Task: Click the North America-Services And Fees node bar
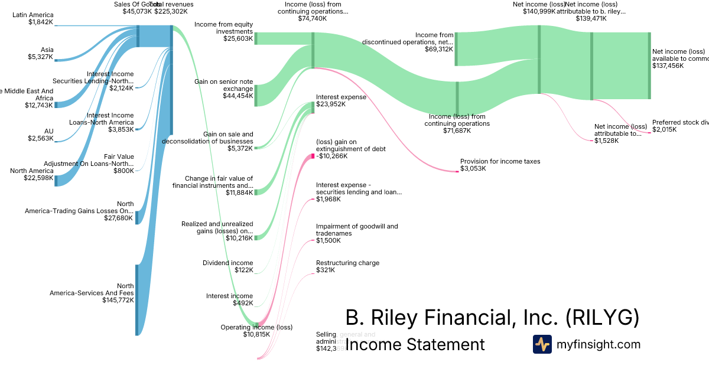pyautogui.click(x=137, y=299)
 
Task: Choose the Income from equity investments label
pyautogui.click(x=223, y=28)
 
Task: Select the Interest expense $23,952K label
pyautogui.click(x=341, y=100)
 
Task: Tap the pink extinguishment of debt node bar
pyautogui.click(x=313, y=156)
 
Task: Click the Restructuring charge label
pyautogui.click(x=347, y=263)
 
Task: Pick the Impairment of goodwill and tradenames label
pyautogui.click(x=357, y=230)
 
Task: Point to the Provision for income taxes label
pyautogui.click(x=500, y=161)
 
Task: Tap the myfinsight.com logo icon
pyautogui.click(x=542, y=344)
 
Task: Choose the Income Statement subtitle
pyautogui.click(x=415, y=344)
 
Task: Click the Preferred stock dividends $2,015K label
pyautogui.click(x=679, y=126)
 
